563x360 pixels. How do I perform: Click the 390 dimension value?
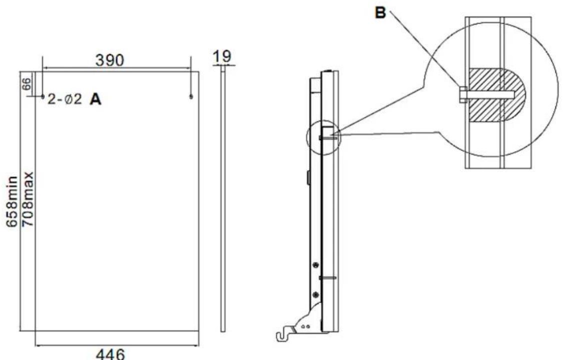[x=109, y=60]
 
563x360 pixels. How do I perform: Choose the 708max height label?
[x=28, y=199]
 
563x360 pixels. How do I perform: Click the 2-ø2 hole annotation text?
[x=65, y=99]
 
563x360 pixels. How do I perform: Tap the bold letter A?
[x=95, y=99]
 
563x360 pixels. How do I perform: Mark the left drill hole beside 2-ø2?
[x=42, y=96]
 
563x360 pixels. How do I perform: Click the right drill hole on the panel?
[x=191, y=96]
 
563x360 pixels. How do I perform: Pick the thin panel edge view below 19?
[x=223, y=200]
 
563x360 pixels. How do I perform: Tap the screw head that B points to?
[x=462, y=94]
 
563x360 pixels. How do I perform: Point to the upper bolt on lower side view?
[x=315, y=265]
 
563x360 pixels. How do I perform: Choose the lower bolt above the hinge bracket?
[x=315, y=293]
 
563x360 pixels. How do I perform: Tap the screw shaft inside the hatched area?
[x=492, y=94]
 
